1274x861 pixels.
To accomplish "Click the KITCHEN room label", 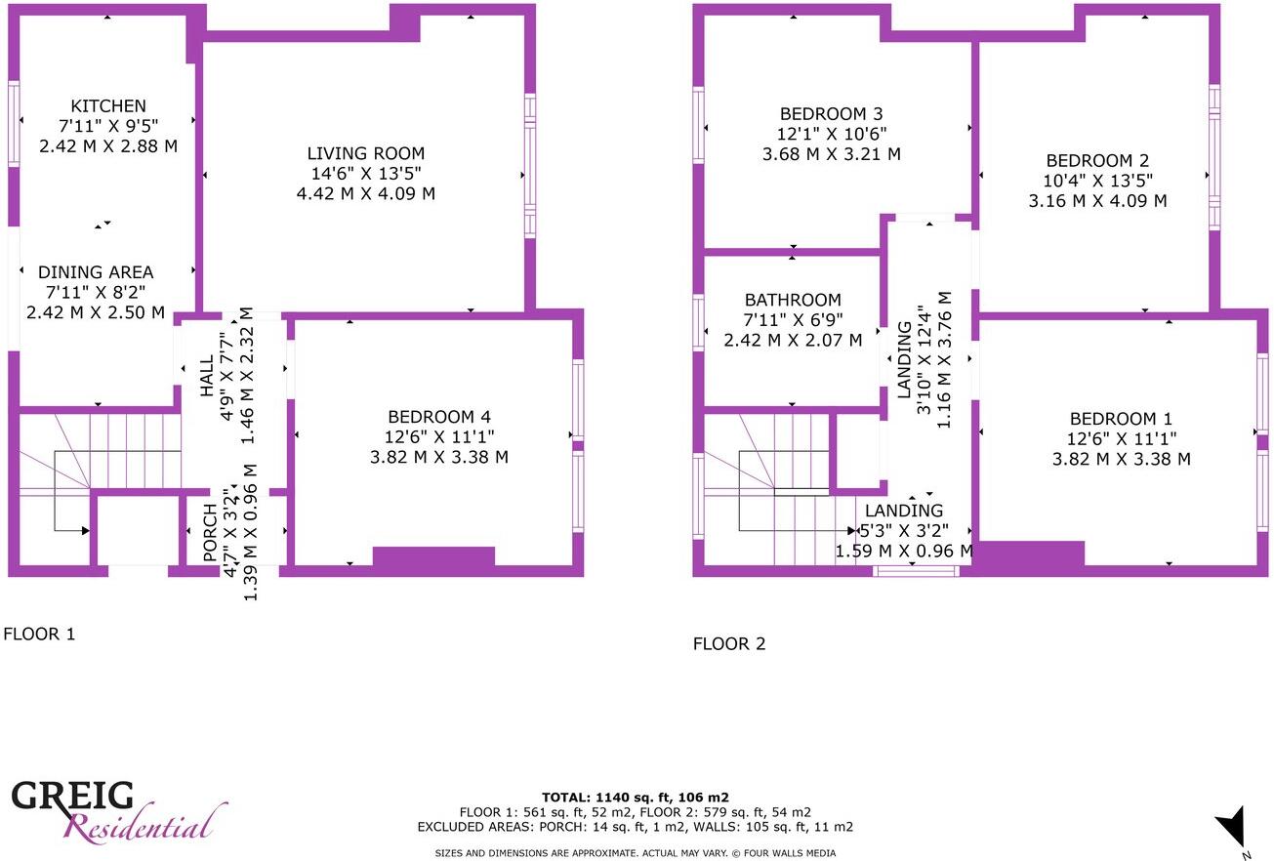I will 108,105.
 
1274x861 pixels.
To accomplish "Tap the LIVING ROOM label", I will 366,153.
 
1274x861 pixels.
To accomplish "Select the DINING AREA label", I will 96,272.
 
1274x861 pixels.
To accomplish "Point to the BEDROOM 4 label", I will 445,417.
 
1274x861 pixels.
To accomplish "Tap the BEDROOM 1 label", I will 1121,438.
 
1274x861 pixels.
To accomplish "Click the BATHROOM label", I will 793,300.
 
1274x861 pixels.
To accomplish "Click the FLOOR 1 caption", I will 39,635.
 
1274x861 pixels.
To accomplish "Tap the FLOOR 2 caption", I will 729,644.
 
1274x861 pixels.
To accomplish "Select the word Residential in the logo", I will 139,829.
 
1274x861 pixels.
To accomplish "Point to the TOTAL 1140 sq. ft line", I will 636,797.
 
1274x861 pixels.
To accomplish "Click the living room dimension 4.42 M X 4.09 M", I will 366,193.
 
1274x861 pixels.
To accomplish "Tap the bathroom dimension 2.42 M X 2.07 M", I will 793,341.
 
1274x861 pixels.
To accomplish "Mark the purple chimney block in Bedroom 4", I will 433,556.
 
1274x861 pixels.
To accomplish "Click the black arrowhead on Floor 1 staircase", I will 85,530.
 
